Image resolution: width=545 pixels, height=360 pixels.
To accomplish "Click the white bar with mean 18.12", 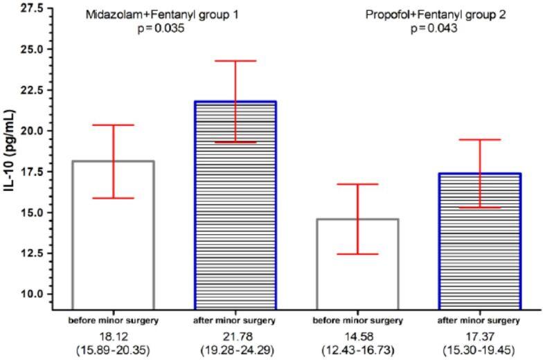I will point(113,235).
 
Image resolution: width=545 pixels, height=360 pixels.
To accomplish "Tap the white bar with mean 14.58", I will point(357,263).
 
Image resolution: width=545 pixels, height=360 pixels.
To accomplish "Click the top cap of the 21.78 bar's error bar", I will point(235,61).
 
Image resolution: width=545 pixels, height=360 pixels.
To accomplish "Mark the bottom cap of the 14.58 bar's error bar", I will point(357,254).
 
